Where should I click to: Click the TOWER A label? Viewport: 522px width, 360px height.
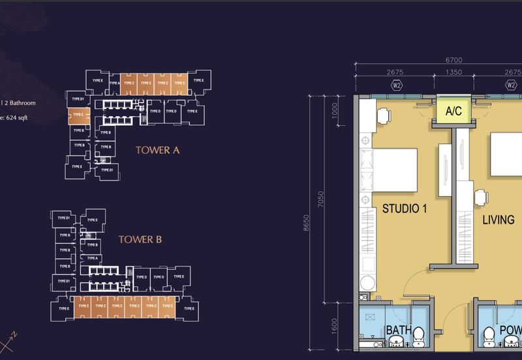(157, 150)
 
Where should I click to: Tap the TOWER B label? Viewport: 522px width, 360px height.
(140, 239)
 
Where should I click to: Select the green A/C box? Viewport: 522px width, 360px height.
(453, 111)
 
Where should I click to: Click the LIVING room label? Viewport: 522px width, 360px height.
(498, 220)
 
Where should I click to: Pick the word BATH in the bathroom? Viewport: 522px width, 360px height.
(399, 331)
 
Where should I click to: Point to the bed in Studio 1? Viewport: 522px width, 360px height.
(391, 168)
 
